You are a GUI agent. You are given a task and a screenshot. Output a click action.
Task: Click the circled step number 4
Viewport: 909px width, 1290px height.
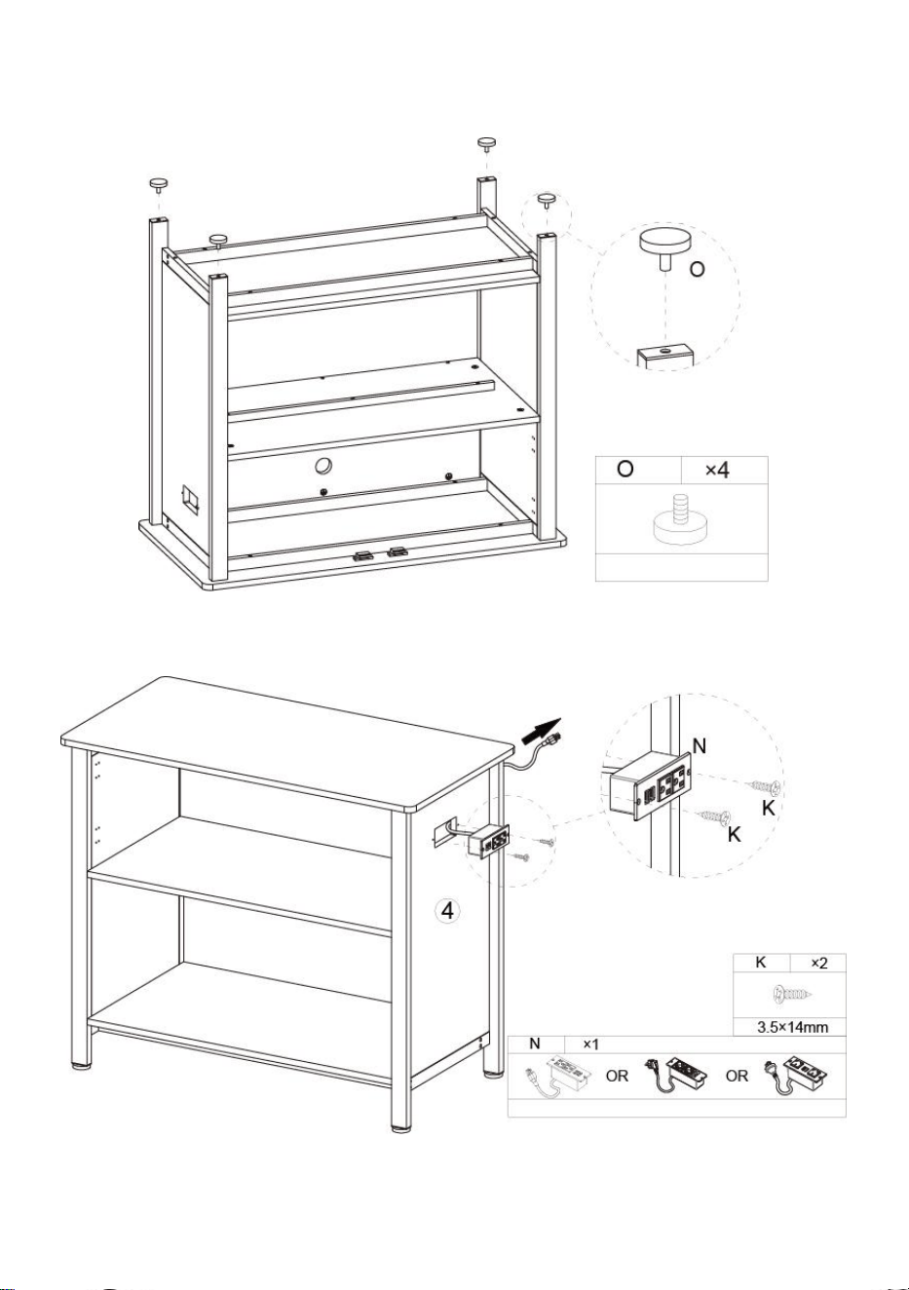447,910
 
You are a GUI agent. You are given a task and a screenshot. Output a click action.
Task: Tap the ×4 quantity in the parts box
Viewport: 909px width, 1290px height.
717,470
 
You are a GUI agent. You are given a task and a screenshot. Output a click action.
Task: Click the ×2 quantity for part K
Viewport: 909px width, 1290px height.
819,963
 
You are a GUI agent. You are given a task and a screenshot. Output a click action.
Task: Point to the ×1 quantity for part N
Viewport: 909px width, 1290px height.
591,1044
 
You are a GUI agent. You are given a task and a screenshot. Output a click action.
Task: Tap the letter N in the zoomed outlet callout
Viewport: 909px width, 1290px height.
699,746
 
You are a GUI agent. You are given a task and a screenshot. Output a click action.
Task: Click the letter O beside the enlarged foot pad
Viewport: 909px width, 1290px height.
697,269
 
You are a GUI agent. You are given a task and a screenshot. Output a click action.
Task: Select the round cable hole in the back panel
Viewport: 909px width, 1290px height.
324,466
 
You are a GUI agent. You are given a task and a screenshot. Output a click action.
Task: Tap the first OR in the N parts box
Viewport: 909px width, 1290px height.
617,1076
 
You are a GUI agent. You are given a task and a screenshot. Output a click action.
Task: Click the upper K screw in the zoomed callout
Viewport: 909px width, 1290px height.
764,785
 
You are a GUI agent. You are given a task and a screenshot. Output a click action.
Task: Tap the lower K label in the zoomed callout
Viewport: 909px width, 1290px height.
734,834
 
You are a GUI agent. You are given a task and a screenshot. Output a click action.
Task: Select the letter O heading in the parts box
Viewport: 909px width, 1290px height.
625,470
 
